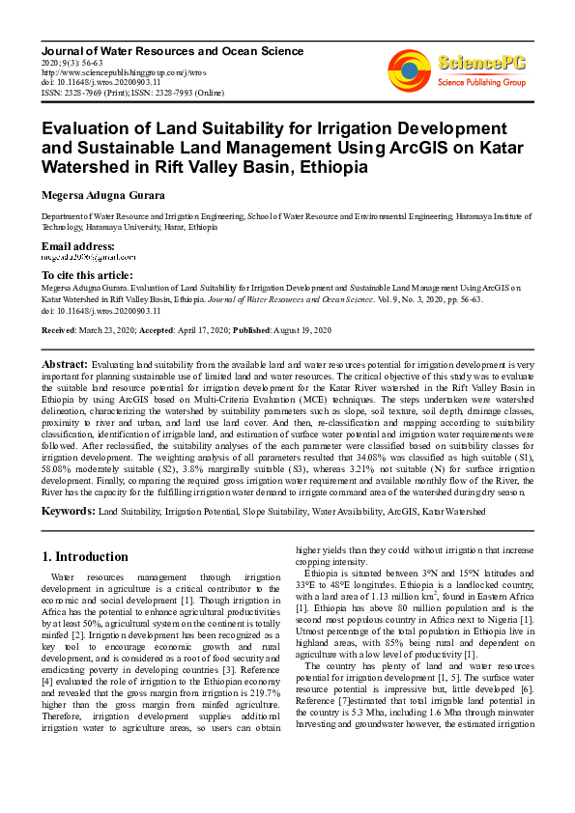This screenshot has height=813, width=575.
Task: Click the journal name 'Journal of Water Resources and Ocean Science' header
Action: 172,50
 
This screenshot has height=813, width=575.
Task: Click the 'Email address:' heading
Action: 78,247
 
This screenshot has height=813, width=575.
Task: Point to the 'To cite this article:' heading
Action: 87,276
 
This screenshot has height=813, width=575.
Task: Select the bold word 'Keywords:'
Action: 69,509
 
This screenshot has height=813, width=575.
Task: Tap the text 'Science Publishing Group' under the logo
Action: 480,83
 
